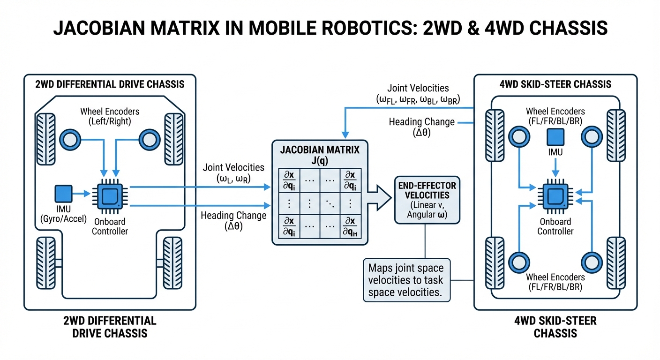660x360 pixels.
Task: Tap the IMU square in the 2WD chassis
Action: tap(64, 194)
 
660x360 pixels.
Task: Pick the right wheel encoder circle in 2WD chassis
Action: tap(149, 139)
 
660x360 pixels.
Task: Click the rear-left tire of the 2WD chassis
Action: tap(46, 259)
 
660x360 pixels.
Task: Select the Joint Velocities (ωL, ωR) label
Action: tap(233, 172)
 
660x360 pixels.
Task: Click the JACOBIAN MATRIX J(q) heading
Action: tap(319, 155)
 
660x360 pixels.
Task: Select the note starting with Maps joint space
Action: tap(406, 280)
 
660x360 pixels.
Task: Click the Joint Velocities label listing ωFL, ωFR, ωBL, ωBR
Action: tap(418, 94)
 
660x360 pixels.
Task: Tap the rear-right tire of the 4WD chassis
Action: tap(617, 260)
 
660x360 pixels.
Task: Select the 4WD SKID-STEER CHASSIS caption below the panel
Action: tap(555, 327)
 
